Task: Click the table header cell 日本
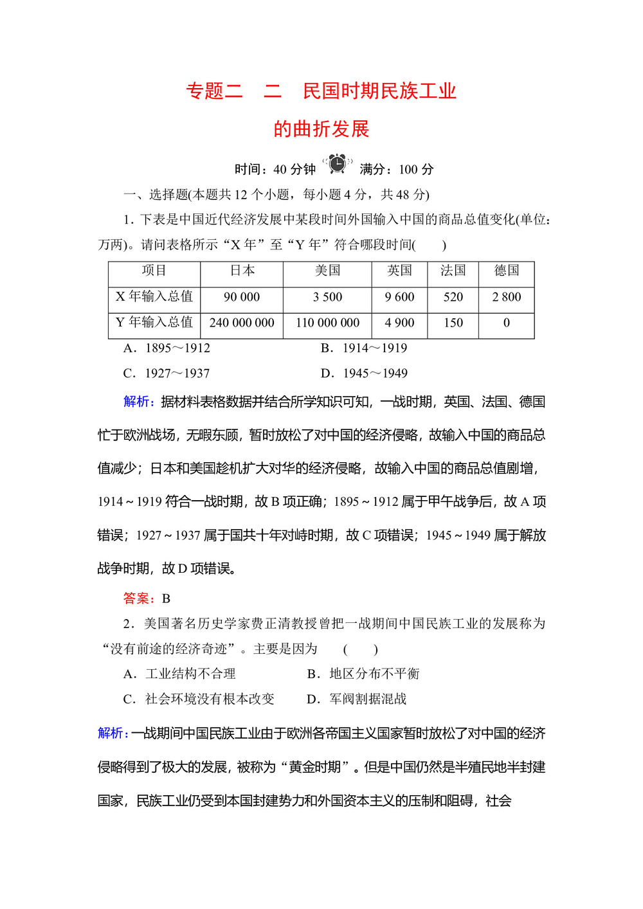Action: click(242, 271)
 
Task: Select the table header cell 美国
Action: click(327, 271)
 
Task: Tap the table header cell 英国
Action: click(399, 271)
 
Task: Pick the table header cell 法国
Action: click(453, 271)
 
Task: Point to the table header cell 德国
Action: click(506, 271)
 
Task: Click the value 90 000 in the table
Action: click(242, 297)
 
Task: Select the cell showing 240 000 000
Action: click(242, 323)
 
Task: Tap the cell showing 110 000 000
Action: click(327, 323)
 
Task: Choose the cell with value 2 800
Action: click(506, 297)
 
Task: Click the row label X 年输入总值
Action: click(154, 296)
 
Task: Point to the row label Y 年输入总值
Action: click(154, 322)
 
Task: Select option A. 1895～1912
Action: click(167, 348)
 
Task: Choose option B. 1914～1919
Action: click(364, 348)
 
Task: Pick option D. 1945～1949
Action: click(364, 373)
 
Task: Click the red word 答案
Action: click(138, 598)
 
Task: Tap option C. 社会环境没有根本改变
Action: click(199, 699)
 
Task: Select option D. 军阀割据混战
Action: click(357, 699)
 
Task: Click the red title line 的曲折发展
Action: click(321, 129)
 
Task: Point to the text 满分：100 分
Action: click(397, 170)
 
